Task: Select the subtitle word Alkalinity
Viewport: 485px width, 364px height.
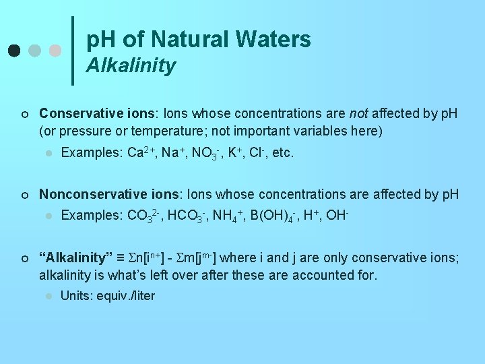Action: click(131, 65)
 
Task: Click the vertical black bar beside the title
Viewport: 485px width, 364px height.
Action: click(73, 51)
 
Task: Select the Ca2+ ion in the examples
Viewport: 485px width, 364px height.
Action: click(142, 153)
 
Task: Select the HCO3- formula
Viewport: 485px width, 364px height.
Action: click(191, 217)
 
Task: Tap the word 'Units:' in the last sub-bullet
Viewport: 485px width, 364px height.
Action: click(77, 296)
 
